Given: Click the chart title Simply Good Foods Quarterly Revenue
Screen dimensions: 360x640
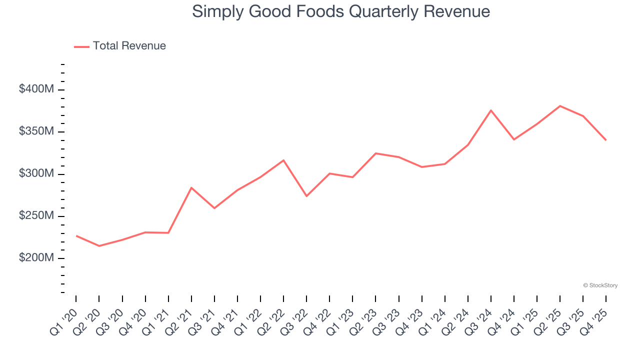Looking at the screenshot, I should [340, 11].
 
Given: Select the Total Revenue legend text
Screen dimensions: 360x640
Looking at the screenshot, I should [129, 46].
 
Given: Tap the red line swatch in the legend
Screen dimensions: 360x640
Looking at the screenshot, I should [81, 46].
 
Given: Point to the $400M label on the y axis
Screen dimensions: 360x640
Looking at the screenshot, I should [36, 89].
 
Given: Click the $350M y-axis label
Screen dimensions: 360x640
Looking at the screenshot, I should [36, 131].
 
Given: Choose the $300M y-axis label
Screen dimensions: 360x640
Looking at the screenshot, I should [36, 173].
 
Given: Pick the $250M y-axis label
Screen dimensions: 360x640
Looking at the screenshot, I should [36, 216].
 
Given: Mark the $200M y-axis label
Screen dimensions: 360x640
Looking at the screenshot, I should [36, 258].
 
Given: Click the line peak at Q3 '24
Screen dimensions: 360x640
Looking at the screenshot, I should [491, 110].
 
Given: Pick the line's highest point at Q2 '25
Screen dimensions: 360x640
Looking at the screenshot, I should [560, 106].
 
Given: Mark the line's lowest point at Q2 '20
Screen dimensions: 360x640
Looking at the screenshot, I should [99, 246].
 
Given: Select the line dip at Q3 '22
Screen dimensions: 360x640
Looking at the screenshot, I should [306, 196].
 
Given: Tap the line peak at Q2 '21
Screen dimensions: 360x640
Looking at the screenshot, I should [191, 187].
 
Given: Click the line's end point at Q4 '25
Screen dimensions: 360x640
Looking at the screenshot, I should [606, 140].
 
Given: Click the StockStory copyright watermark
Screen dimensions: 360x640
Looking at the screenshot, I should [600, 285].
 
